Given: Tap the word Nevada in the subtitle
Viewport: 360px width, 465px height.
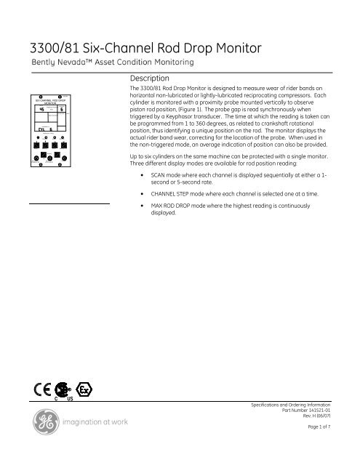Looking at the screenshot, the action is point(80,65).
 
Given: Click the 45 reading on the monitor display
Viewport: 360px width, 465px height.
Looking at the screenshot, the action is point(42,110).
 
